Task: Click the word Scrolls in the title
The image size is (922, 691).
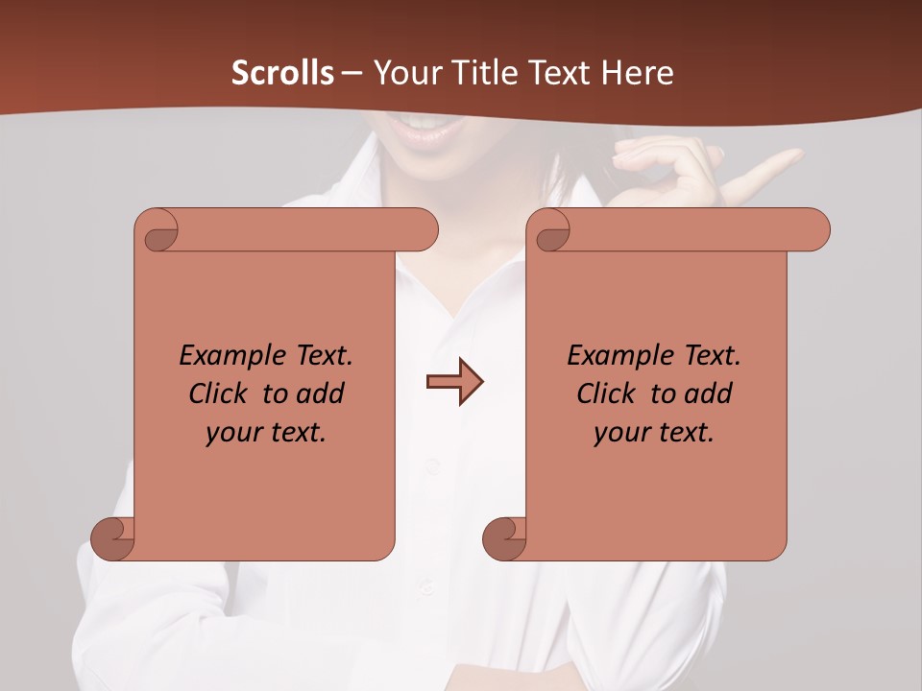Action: point(282,73)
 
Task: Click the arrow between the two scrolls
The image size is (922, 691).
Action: point(454,382)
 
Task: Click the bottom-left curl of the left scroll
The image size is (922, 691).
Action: point(113,538)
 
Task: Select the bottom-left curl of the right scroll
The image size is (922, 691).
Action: point(504,538)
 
